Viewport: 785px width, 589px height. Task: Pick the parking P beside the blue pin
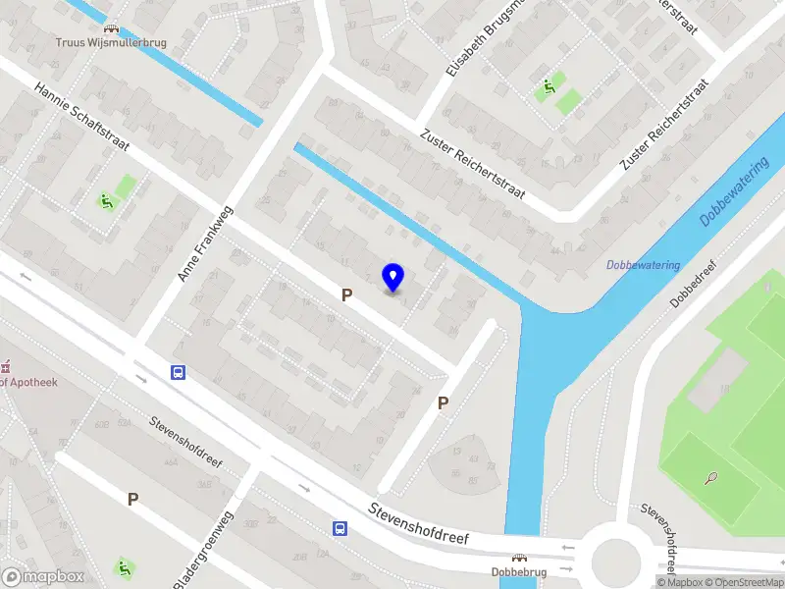[x=346, y=294]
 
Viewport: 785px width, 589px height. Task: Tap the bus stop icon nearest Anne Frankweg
[x=179, y=372]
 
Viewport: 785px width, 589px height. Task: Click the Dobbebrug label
[x=519, y=571]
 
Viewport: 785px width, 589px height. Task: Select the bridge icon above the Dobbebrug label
[x=519, y=557]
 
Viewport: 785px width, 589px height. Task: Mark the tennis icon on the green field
[x=710, y=478]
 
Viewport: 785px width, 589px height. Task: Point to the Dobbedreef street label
[x=690, y=284]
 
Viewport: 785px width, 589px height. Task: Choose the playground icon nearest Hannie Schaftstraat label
[x=104, y=201]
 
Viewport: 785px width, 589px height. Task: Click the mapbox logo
[x=43, y=577]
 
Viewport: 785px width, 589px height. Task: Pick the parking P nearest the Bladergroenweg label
[x=132, y=499]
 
